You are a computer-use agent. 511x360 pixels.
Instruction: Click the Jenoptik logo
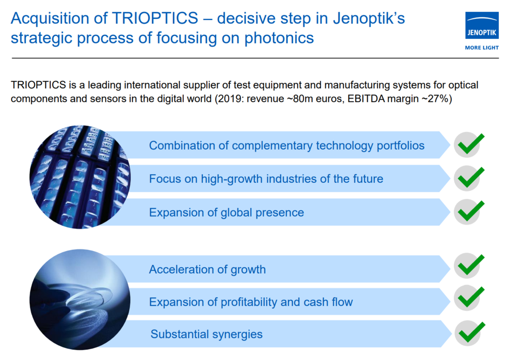point(482,26)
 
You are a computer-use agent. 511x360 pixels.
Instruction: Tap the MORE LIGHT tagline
point(482,47)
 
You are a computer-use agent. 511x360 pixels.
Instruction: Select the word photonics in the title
point(279,38)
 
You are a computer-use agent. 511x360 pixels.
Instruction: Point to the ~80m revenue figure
point(298,99)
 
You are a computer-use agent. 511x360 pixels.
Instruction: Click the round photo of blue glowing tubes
point(80,177)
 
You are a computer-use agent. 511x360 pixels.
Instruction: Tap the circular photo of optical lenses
point(80,299)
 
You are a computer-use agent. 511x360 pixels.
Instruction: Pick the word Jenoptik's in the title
point(369,19)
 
